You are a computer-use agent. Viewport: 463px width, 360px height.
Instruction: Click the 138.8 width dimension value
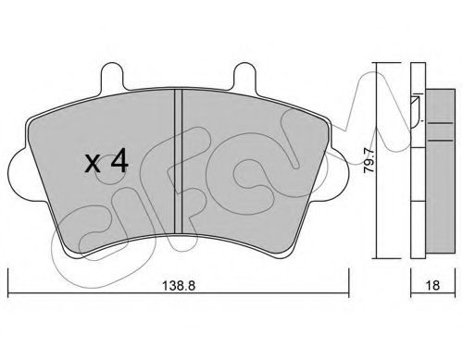[179, 286]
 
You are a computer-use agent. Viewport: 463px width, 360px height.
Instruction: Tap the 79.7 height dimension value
[369, 161]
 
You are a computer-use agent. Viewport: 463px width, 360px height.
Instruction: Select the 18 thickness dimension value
[432, 286]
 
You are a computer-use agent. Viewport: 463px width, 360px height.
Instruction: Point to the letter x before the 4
[93, 164]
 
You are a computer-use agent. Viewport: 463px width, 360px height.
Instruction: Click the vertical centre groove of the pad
[179, 161]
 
